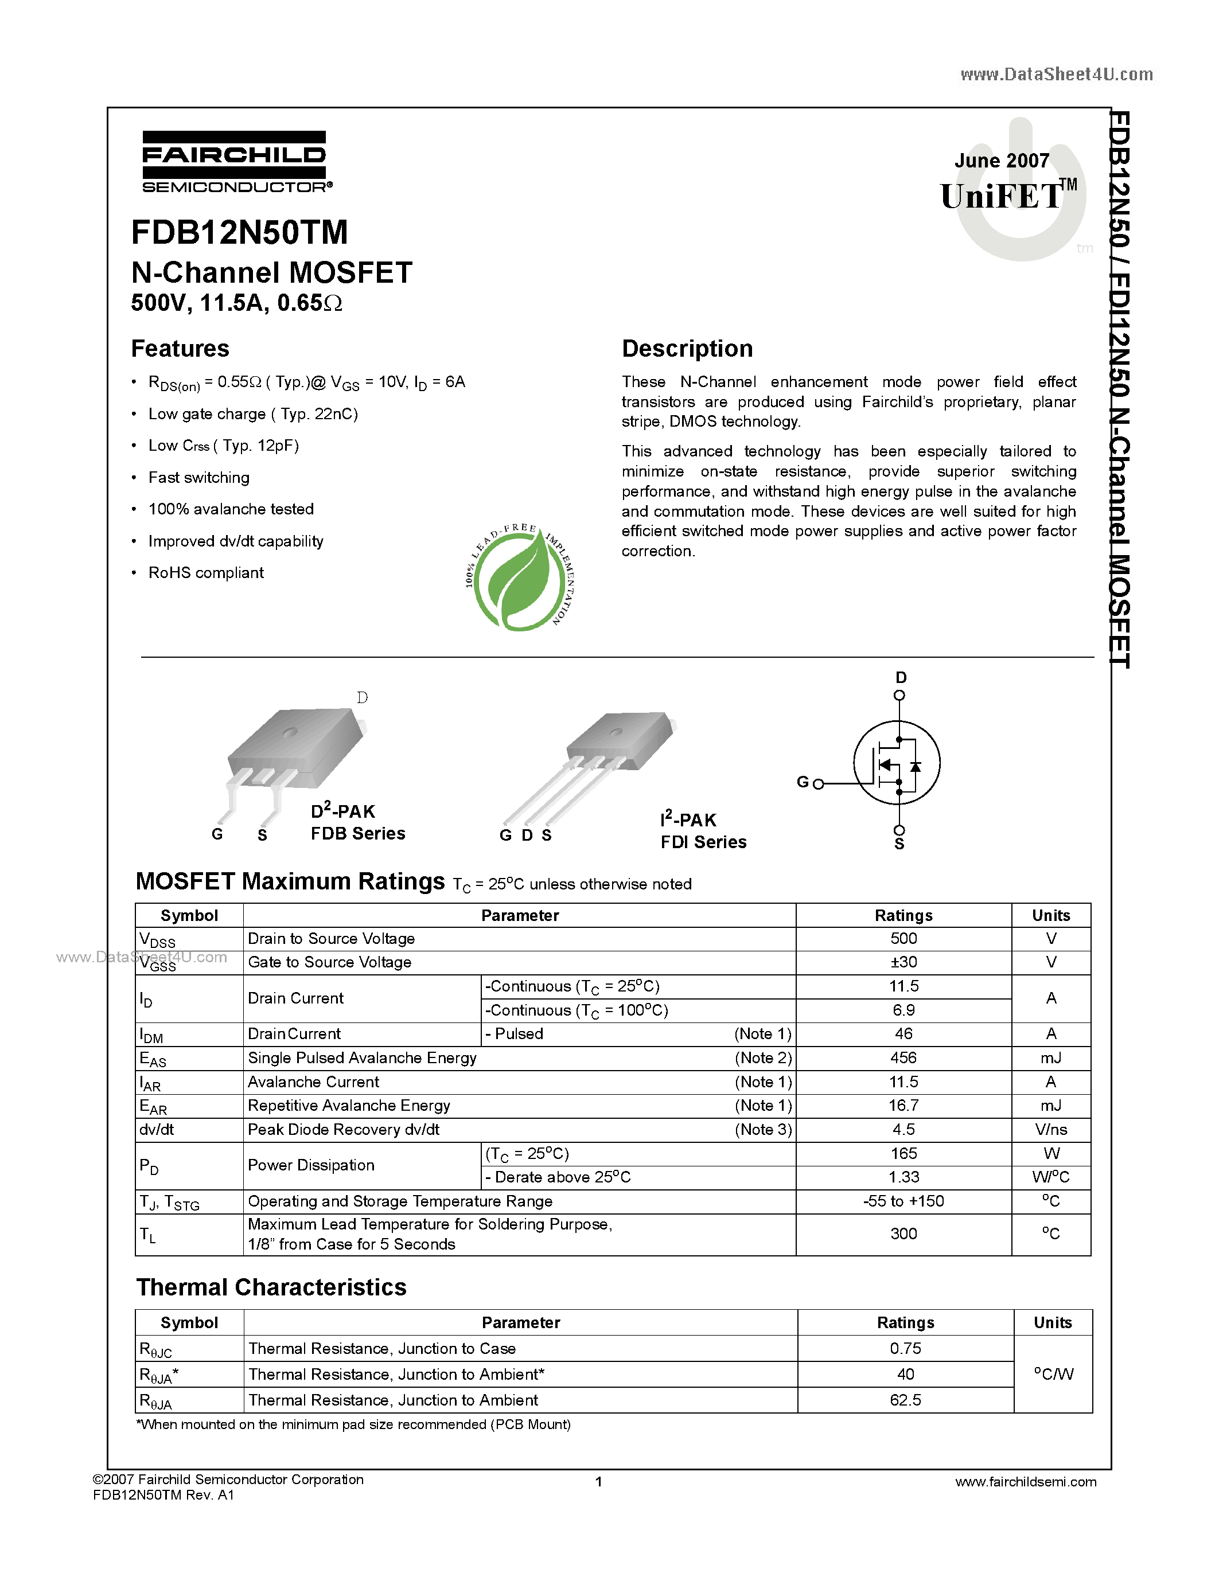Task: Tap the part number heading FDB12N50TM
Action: (x=239, y=232)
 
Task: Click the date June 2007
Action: (x=1002, y=161)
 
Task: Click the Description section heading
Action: (x=687, y=349)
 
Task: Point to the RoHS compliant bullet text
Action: (x=206, y=573)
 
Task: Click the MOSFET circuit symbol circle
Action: (x=897, y=763)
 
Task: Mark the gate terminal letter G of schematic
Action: (x=803, y=782)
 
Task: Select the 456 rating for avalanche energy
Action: (x=903, y=1058)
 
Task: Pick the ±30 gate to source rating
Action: (x=903, y=962)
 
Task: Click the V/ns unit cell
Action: (x=1051, y=1129)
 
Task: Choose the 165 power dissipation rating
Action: (x=903, y=1153)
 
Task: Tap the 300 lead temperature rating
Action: (x=903, y=1234)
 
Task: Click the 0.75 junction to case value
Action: (x=905, y=1348)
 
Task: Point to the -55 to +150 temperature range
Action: (x=903, y=1201)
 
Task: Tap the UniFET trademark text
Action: (x=1001, y=196)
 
